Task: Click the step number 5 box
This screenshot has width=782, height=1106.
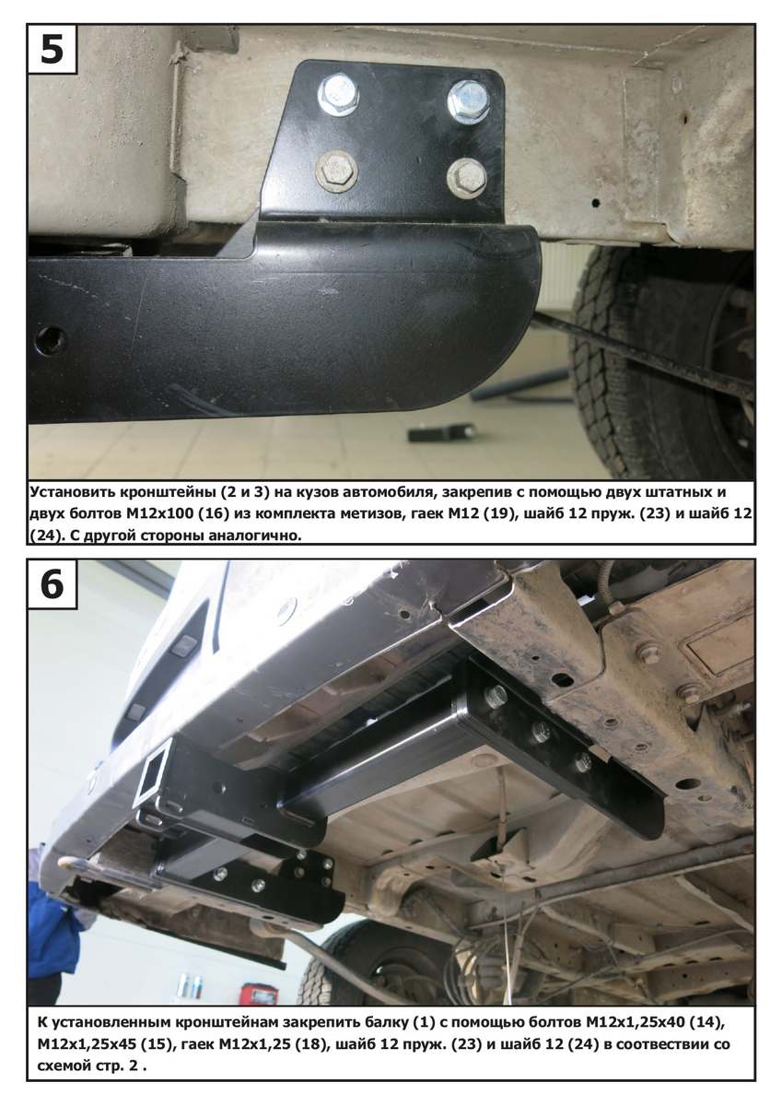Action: [53, 49]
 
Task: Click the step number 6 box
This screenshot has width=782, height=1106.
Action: [53, 583]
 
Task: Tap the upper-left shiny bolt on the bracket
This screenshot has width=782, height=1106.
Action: [338, 95]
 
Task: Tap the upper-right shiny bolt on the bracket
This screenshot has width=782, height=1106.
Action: [468, 101]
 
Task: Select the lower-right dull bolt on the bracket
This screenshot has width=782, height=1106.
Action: [467, 178]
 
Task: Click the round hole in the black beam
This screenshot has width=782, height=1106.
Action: [51, 339]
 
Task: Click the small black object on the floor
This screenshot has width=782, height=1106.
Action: [441, 433]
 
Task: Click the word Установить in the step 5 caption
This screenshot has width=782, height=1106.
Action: [72, 492]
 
